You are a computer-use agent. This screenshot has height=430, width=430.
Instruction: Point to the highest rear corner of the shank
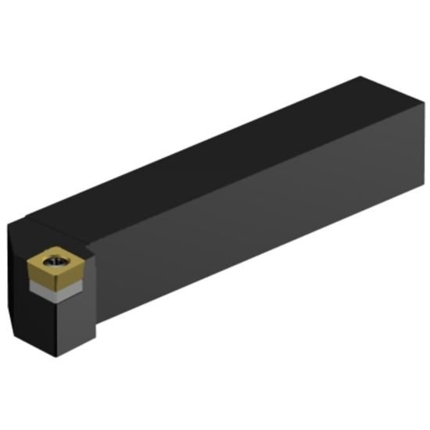(360, 77)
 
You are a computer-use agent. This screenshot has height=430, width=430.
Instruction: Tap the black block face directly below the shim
(63, 324)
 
